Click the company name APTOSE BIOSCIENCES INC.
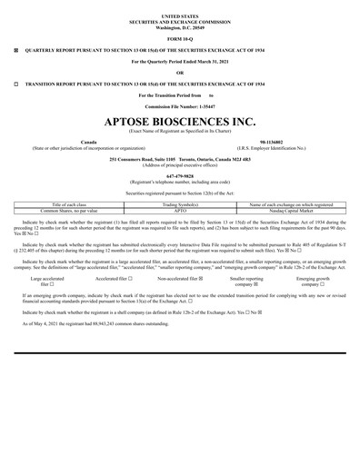click(x=179, y=121)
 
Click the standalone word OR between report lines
click(x=179, y=73)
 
